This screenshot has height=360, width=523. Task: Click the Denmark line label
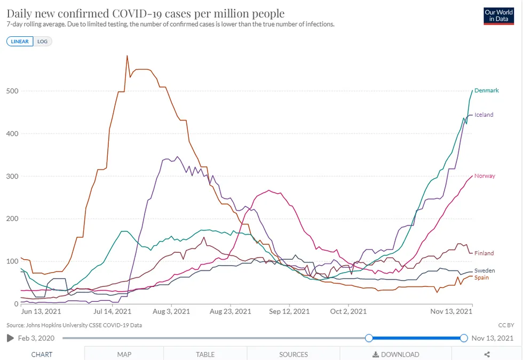point(486,91)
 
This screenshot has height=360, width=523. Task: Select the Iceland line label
point(484,115)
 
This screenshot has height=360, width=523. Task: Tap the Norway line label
point(485,176)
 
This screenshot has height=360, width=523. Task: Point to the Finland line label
point(484,253)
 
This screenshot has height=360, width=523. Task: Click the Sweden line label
point(485,271)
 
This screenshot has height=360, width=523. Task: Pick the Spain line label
point(481,278)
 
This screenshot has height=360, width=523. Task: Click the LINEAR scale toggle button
point(20,41)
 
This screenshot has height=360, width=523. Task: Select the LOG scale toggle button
point(43,41)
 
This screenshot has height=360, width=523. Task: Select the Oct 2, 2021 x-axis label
point(348,311)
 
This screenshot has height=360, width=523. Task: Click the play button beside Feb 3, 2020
point(10,338)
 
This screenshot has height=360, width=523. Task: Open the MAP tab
point(124,354)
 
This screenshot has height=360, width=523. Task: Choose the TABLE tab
point(205,354)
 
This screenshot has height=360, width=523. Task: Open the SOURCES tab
point(294,354)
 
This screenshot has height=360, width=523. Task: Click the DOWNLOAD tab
point(395,354)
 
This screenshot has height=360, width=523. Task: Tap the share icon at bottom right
point(487,354)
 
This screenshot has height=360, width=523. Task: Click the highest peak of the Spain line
point(127,55)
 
